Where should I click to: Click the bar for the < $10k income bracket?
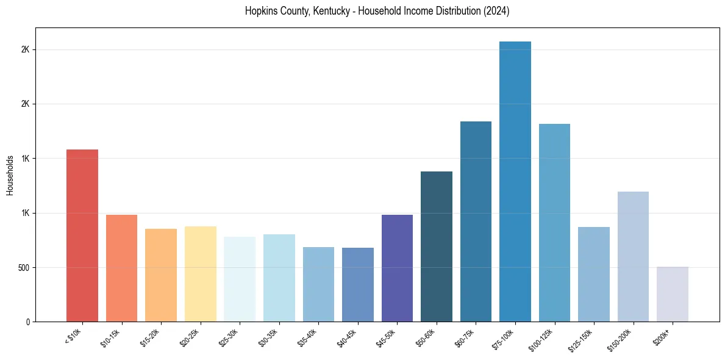pos(82,236)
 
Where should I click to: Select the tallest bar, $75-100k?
pos(515,182)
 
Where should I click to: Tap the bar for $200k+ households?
pos(672,294)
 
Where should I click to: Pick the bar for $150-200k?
pos(633,257)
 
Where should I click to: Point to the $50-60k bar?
pos(437,247)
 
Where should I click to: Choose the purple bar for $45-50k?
pos(397,268)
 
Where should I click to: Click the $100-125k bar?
pos(554,223)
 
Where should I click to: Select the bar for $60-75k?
pos(476,221)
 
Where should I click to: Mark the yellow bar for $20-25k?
pos(200,274)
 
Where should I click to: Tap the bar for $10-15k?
pos(121,268)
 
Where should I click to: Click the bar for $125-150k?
pos(593,275)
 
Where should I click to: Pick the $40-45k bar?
pos(357,285)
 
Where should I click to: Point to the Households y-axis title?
pos(10,175)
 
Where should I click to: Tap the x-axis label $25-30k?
pos(229,338)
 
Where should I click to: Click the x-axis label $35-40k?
pos(307,338)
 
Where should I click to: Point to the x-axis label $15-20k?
pos(150,338)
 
